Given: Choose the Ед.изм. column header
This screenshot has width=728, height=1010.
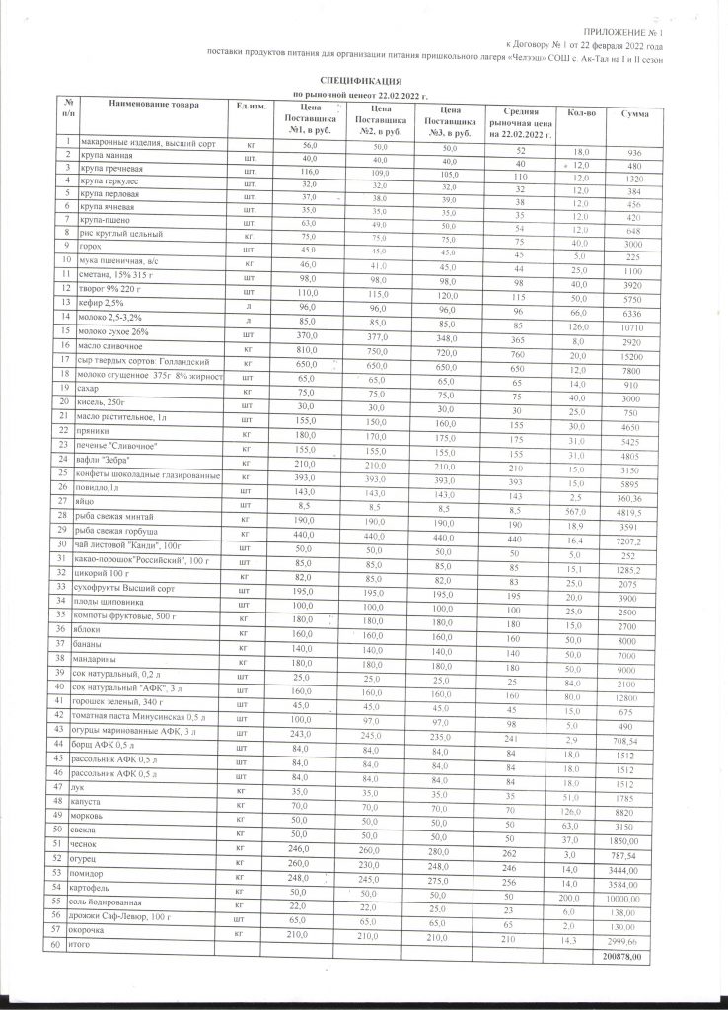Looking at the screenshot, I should (246, 105).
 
